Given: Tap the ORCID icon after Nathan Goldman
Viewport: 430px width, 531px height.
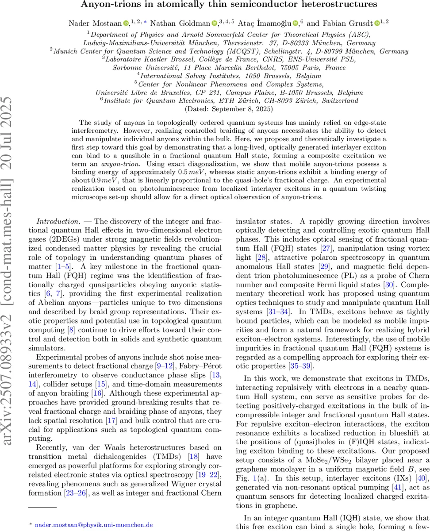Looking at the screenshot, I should [215, 22].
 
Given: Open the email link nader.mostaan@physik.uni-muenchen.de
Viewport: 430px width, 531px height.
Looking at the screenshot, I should [94, 512].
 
